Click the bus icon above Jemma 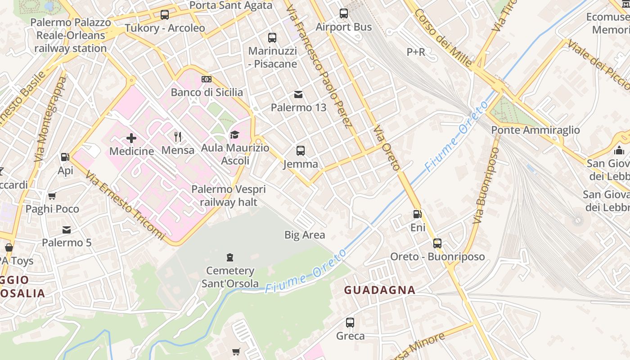point(301,151)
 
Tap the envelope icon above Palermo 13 point(298,94)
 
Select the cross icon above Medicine point(131,138)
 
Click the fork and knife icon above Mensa point(178,136)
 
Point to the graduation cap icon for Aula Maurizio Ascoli point(234,135)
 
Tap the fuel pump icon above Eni point(418,214)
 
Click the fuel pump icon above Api point(65,157)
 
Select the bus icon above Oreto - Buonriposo point(437,243)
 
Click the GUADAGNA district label point(380,290)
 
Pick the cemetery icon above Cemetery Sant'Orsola point(230,257)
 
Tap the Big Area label point(305,235)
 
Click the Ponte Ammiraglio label point(535,130)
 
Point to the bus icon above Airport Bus point(344,13)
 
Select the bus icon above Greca point(350,323)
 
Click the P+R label point(416,52)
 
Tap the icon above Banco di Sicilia point(207,79)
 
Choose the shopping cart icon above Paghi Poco point(52,196)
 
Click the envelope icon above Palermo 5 point(67,230)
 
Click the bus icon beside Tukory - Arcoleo point(165,15)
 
